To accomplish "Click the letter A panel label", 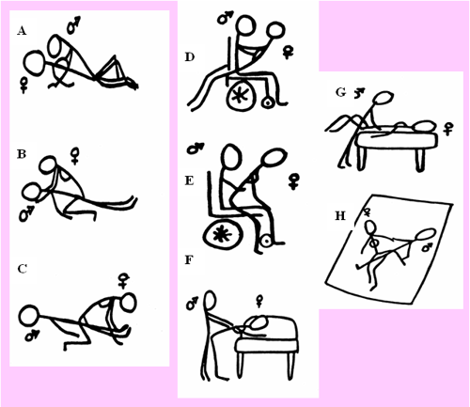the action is [x=22, y=31].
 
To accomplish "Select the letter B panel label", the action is [x=22, y=154].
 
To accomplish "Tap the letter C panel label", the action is [x=23, y=269].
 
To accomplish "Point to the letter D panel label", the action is [x=190, y=57].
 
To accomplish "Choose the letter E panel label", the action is [x=189, y=180].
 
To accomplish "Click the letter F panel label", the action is [x=189, y=260].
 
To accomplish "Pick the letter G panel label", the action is [x=340, y=92].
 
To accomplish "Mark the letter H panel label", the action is [x=340, y=216].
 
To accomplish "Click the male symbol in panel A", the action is [x=73, y=25].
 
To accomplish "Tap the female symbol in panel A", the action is [x=23, y=86].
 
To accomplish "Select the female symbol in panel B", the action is [x=75, y=156].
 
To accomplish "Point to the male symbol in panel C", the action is [x=32, y=335].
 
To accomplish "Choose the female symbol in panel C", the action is [x=123, y=280].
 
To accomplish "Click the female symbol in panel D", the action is [x=288, y=52].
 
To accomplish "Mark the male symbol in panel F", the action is [x=192, y=303].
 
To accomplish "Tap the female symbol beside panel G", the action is [x=449, y=129].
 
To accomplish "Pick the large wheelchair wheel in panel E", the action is [x=205, y=233].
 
